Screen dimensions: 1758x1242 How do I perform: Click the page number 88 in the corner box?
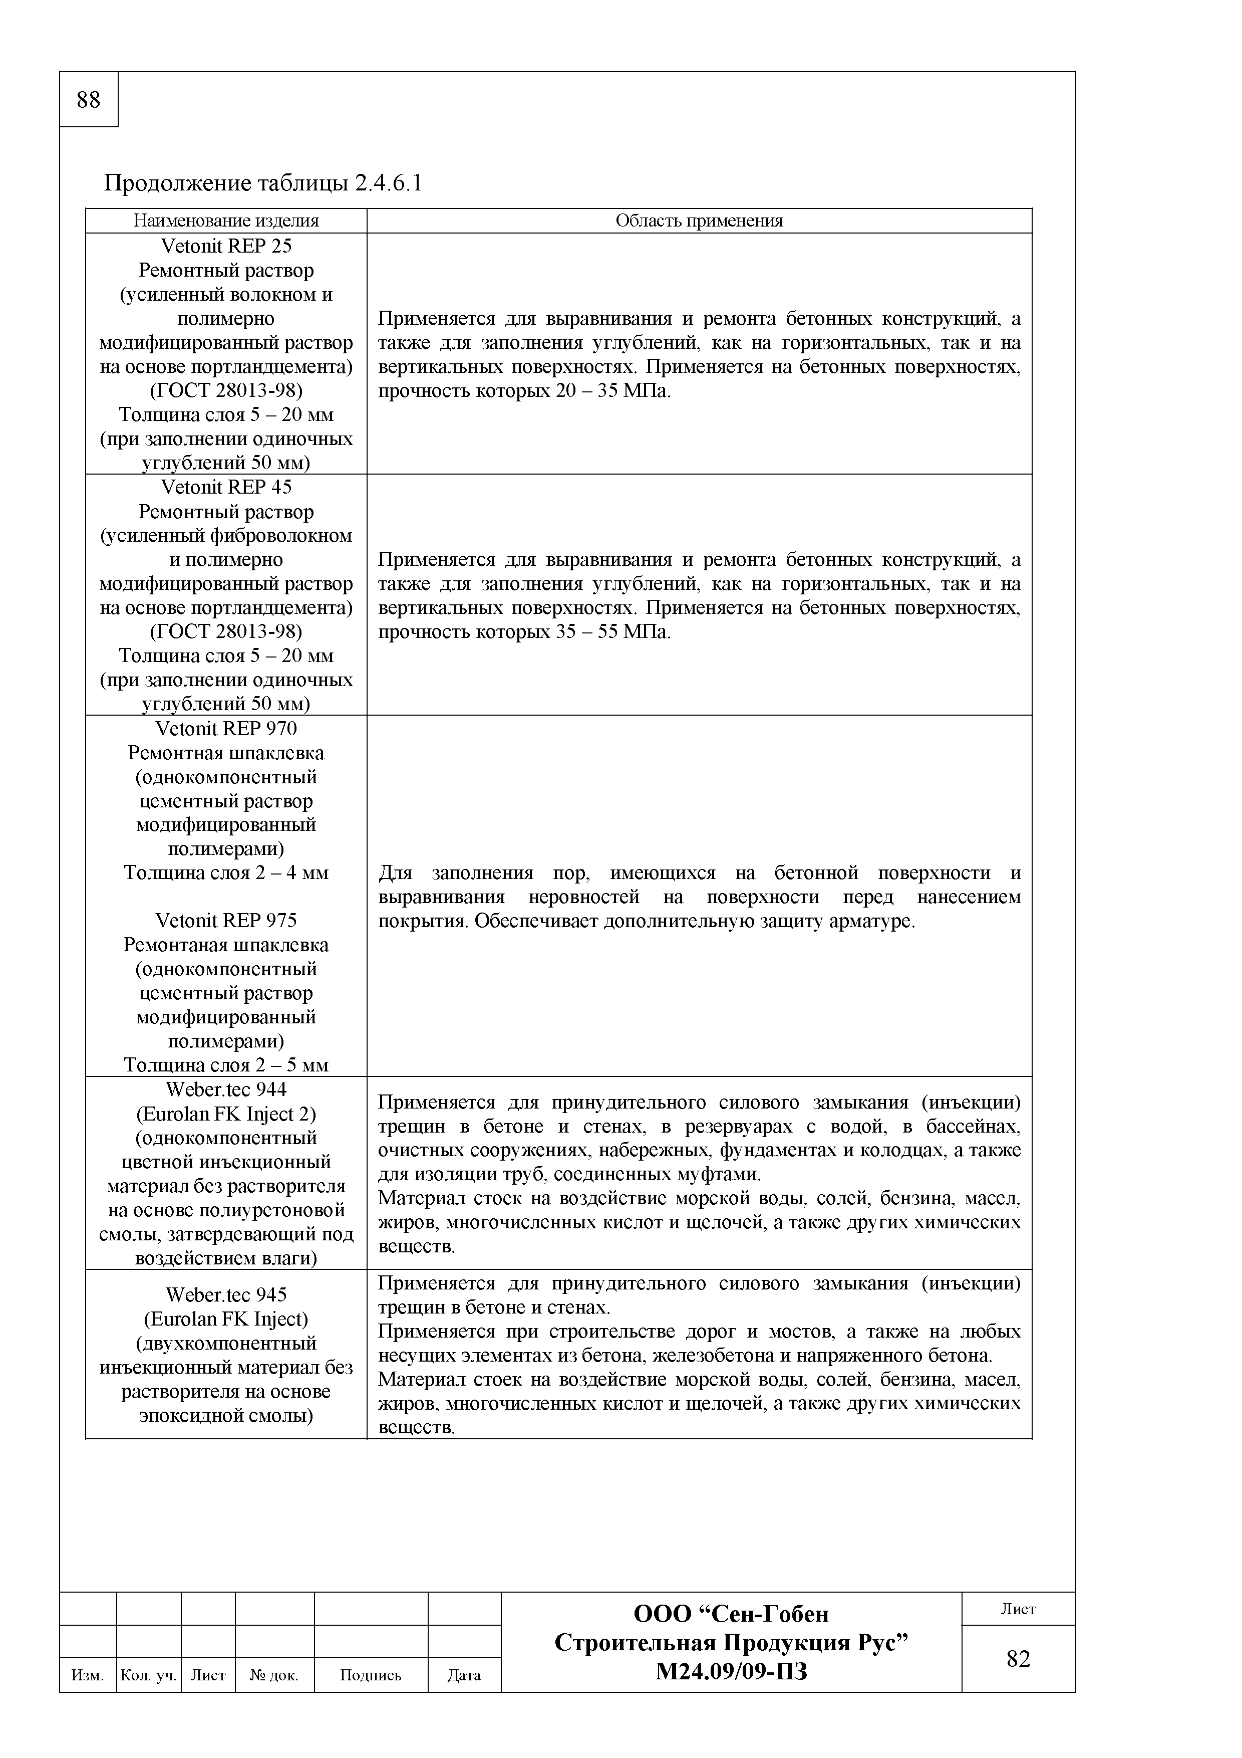[x=89, y=100]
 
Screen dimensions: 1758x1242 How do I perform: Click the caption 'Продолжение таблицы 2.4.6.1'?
[x=262, y=184]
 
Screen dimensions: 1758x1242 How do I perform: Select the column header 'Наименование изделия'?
[x=226, y=222]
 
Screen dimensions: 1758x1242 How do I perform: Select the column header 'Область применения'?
[x=700, y=222]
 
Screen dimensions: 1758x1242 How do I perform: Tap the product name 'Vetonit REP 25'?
[x=226, y=246]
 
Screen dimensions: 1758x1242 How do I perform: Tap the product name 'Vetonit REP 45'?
[x=226, y=487]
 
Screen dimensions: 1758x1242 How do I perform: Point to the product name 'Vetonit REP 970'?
[x=226, y=728]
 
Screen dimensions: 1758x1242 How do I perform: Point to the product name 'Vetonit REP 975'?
[x=226, y=921]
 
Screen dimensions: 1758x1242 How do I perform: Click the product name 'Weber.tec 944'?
[x=226, y=1089]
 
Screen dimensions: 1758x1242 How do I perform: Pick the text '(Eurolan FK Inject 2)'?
[x=226, y=1114]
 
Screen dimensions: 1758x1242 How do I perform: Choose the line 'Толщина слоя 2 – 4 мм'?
[x=226, y=873]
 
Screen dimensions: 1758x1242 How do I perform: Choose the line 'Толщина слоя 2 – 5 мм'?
[x=226, y=1065]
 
